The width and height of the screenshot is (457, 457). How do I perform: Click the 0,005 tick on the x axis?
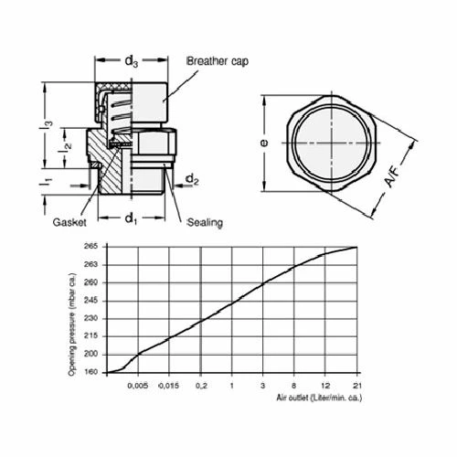[x=138, y=384]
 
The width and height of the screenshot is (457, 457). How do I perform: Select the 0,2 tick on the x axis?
[x=200, y=384]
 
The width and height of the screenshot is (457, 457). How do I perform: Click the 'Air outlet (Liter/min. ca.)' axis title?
[x=316, y=398]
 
